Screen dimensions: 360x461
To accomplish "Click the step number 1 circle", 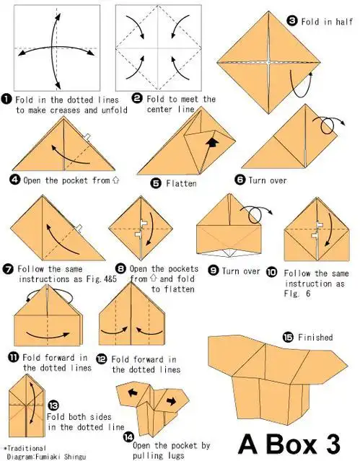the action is tap(6, 99).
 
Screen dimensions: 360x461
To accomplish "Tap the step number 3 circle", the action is tap(292, 21).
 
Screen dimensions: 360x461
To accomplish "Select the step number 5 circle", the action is tap(156, 183).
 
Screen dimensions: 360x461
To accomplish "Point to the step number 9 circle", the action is tap(213, 271).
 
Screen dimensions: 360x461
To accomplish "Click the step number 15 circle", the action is tap(289, 337).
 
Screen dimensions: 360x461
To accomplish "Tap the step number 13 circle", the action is tap(53, 406).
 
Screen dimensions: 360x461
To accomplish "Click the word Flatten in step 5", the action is tap(181, 183).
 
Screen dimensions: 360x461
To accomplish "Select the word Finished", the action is tap(315, 337).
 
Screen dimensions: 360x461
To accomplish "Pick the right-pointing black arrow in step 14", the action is tap(172, 400).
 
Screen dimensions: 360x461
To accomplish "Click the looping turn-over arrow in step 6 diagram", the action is tap(328, 125).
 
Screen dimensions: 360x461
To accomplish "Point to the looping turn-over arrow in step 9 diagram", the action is tap(255, 214).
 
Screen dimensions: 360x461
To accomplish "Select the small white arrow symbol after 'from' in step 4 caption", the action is tap(115, 180).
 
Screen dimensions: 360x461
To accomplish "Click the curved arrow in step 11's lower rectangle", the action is tap(48, 335).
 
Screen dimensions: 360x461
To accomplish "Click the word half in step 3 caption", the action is tap(344, 22).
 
